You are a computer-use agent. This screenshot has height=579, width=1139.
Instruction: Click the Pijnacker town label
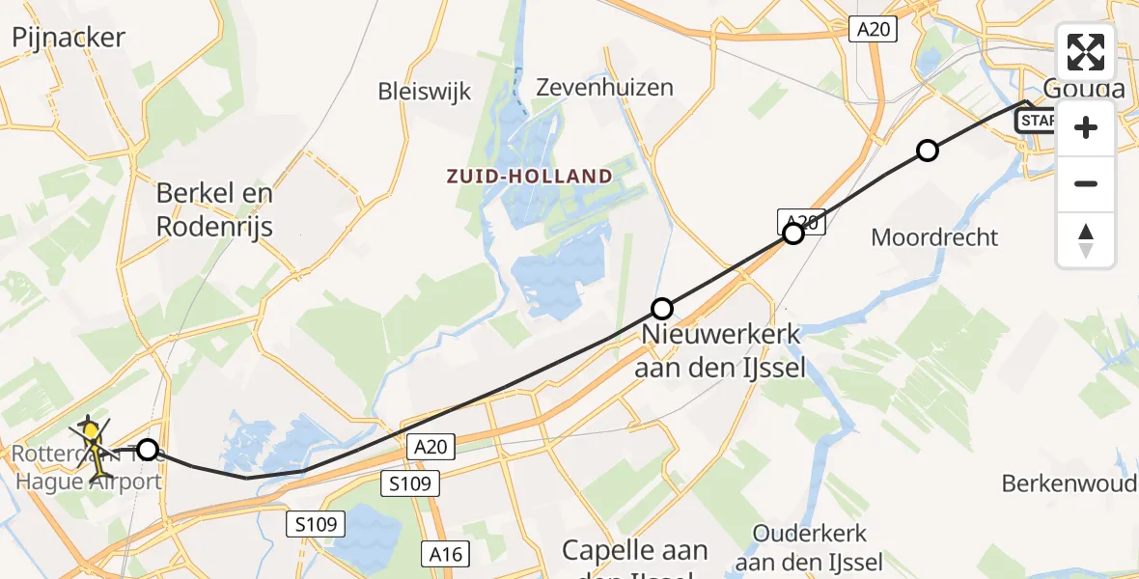pyautogui.click(x=69, y=38)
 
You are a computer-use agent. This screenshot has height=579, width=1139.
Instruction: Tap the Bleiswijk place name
pyautogui.click(x=425, y=92)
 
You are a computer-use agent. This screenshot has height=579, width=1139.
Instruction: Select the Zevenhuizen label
pyautogui.click(x=604, y=87)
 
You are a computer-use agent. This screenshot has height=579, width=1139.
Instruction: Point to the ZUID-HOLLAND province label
pyautogui.click(x=529, y=177)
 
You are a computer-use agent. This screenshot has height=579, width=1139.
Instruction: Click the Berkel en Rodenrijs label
pyautogui.click(x=215, y=209)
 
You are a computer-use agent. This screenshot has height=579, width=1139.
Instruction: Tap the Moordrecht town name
pyautogui.click(x=934, y=236)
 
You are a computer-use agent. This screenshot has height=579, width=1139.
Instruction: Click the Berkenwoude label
pyautogui.click(x=1069, y=482)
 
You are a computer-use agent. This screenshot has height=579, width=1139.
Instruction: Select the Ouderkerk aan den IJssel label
pyautogui.click(x=809, y=547)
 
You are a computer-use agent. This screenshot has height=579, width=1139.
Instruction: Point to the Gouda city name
pyautogui.click(x=1082, y=90)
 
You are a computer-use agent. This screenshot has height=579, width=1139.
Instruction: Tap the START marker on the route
pyautogui.click(x=1037, y=121)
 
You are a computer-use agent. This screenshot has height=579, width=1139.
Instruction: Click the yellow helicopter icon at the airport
pyautogui.click(x=91, y=432)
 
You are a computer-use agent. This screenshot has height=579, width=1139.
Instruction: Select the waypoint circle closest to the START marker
pyautogui.click(x=927, y=151)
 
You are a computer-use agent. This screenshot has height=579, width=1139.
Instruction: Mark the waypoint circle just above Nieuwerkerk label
pyautogui.click(x=662, y=309)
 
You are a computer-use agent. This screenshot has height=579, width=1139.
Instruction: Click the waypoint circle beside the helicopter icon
pyautogui.click(x=148, y=449)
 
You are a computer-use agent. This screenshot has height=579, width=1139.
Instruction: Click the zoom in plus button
pyautogui.click(x=1086, y=127)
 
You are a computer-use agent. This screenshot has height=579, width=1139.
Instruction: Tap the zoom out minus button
pyautogui.click(x=1086, y=183)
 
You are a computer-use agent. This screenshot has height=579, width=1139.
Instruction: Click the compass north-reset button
pyautogui.click(x=1086, y=239)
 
